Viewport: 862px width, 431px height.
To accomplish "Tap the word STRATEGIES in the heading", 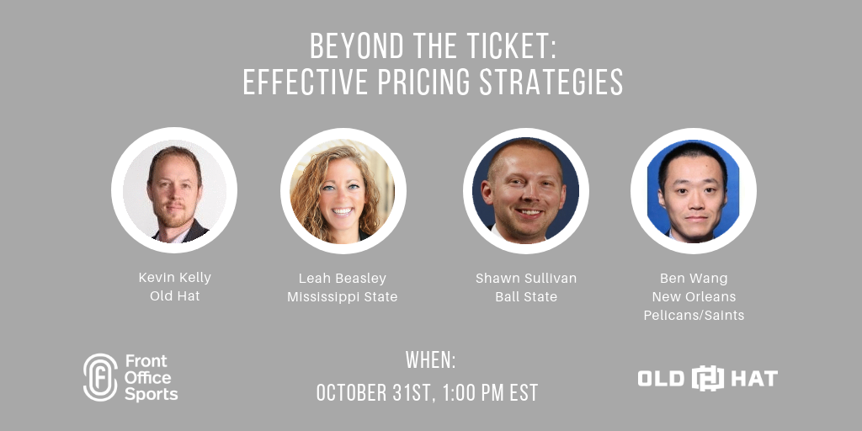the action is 551,82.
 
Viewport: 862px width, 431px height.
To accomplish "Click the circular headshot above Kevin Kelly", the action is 174,190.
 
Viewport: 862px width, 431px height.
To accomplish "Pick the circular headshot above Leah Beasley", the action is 343,191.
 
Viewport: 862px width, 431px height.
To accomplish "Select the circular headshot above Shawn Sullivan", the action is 525,191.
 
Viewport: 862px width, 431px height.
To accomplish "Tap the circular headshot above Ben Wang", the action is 694,191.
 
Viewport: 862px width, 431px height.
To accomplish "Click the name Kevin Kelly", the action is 175,278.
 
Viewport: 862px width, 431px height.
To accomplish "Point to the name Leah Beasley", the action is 343,279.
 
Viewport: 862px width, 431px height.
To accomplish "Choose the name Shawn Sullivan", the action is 526,278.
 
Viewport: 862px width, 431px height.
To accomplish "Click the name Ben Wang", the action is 694,279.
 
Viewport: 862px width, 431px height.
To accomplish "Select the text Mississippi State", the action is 343,297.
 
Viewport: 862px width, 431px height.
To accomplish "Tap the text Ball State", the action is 526,297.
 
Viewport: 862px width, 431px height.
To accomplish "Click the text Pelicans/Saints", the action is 694,316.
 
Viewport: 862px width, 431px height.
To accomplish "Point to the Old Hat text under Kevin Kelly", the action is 175,296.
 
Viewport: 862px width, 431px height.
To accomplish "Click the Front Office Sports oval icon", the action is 100,377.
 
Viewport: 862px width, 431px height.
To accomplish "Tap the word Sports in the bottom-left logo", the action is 152,395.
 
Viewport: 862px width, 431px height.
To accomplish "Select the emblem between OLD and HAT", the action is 707,378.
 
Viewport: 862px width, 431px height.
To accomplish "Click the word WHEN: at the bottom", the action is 431,360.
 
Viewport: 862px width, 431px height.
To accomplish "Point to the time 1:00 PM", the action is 473,393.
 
